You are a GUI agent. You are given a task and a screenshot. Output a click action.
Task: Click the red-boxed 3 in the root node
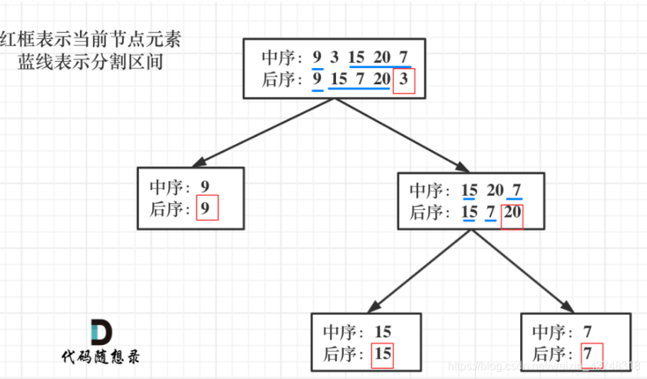(403, 79)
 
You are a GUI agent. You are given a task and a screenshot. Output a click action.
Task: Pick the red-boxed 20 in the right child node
(512, 213)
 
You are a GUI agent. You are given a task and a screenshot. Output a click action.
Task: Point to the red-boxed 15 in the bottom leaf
(383, 353)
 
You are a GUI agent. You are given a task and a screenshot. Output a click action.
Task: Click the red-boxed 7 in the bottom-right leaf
(588, 353)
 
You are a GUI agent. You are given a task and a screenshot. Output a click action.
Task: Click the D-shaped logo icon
(101, 332)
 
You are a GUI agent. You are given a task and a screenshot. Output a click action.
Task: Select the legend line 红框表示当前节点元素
(90, 38)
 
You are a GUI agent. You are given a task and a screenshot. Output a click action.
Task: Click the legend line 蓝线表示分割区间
(91, 62)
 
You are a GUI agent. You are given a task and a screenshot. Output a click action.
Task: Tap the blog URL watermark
(546, 366)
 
